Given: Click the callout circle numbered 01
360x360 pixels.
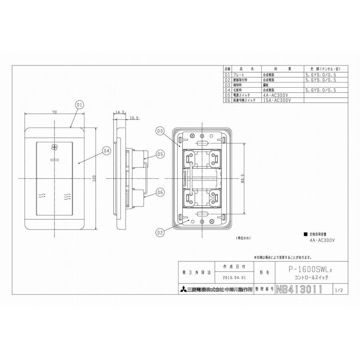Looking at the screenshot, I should [79, 105].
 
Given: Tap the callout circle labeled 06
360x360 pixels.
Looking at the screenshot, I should [160, 192].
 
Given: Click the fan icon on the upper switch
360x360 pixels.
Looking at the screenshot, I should [55, 147].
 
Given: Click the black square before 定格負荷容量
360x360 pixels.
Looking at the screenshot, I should [306, 234].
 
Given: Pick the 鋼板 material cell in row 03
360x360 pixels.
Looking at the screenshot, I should [266, 85].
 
